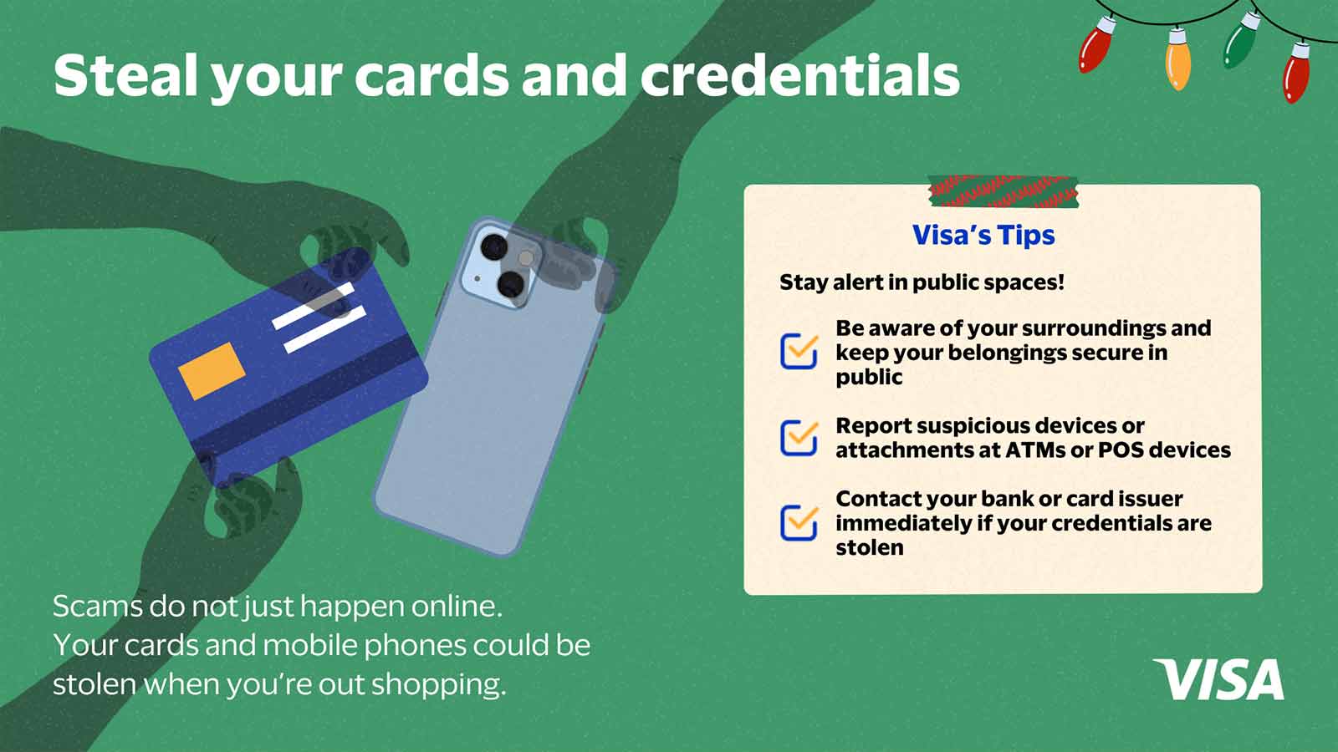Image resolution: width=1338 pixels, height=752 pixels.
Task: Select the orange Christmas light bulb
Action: [1178, 58]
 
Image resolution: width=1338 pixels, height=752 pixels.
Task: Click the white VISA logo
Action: [1218, 679]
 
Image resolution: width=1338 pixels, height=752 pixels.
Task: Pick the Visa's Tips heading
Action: [983, 235]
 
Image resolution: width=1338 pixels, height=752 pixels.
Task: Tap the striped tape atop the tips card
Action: [1004, 191]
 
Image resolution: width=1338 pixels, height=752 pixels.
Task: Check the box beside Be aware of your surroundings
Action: [799, 352]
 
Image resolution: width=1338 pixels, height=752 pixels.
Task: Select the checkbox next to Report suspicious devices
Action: [799, 438]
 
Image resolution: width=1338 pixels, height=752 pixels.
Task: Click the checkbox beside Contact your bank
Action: [799, 523]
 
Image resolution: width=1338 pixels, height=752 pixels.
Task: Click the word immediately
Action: [902, 523]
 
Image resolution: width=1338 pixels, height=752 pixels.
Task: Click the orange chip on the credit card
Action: [212, 371]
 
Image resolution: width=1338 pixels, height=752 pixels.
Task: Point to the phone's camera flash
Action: [526, 258]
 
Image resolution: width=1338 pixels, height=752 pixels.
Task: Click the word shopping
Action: [438, 684]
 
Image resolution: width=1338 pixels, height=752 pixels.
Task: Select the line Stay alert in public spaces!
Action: [922, 282]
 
